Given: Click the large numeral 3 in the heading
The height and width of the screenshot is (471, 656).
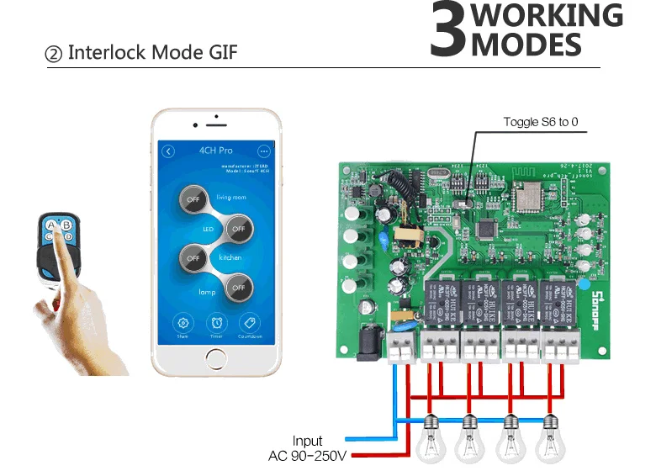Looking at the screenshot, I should (x=447, y=30).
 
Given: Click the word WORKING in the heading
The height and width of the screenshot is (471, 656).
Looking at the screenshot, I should (x=547, y=16).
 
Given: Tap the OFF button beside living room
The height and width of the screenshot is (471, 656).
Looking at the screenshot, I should (x=193, y=200).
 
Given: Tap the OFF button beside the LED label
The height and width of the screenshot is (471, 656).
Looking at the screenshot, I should (x=238, y=229).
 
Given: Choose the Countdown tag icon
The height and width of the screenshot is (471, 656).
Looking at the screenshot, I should (x=248, y=323).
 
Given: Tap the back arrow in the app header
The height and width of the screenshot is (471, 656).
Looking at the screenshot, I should (x=168, y=151).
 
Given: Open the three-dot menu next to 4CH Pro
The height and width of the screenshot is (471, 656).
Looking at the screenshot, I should (x=264, y=151).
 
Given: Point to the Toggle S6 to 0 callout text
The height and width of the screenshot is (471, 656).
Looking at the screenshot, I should (x=540, y=122).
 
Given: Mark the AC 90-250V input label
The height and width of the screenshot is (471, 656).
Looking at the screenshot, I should (x=307, y=456).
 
